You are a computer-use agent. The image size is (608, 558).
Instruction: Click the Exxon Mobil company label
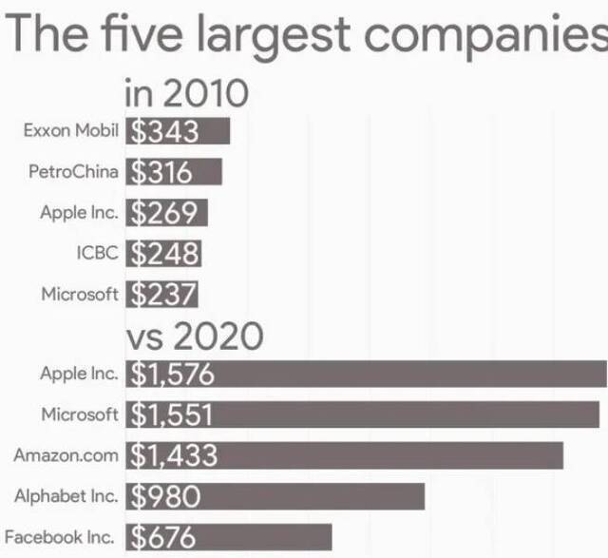pos(70,131)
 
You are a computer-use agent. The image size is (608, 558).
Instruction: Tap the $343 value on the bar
pos(164,131)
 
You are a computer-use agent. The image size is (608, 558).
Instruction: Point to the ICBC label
pos(97,253)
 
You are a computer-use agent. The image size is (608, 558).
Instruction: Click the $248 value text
pos(164,254)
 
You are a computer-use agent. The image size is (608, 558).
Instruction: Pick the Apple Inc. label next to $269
pos(79,212)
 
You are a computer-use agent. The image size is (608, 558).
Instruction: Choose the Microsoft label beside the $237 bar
pos(80,294)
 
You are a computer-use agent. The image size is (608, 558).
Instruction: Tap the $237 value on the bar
pos(162,295)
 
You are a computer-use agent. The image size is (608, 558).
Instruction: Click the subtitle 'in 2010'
pos(186,93)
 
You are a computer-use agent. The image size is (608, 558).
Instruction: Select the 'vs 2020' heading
pos(194,336)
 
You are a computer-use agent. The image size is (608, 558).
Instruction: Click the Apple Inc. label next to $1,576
pos(79,374)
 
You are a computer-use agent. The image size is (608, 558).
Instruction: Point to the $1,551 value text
pos(172,414)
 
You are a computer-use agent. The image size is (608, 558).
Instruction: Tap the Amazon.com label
pos(66,455)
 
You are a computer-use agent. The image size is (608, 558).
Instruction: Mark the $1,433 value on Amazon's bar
pos(174,455)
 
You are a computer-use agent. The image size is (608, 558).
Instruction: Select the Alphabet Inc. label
pos(66,496)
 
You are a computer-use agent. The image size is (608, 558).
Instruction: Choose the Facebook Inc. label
pos(59,537)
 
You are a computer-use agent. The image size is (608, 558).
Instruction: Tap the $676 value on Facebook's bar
pos(163,537)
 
